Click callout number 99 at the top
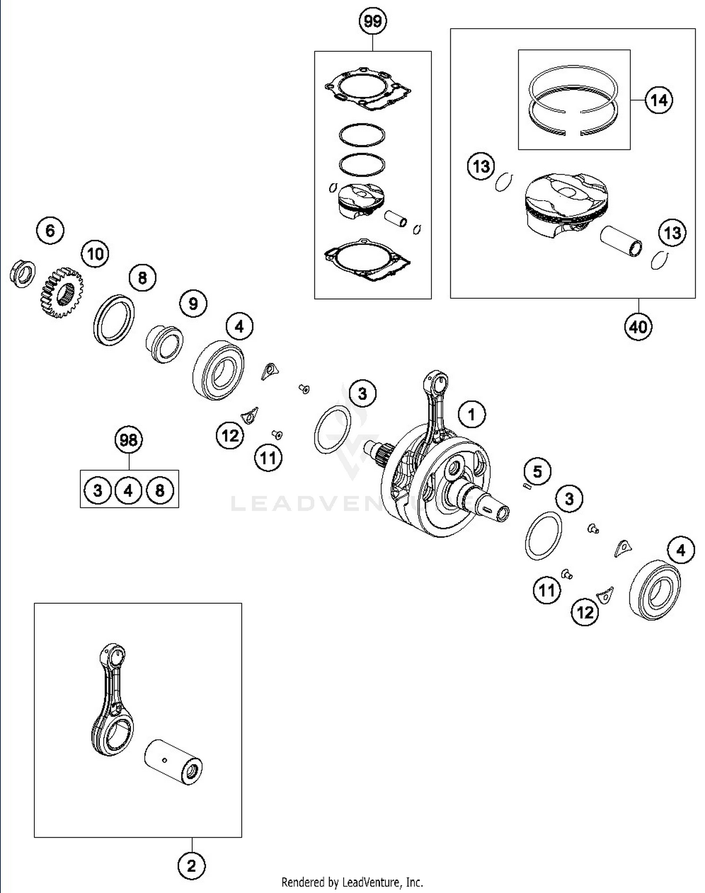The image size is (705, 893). click(372, 22)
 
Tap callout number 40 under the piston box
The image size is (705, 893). click(638, 326)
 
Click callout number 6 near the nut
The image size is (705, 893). click(50, 231)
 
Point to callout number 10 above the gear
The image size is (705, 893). click(95, 254)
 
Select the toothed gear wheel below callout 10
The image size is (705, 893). click(61, 293)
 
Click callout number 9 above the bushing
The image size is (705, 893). click(193, 304)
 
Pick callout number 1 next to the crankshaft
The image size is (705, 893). click(471, 414)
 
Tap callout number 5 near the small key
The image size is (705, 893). click(537, 471)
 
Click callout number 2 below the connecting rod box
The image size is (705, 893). click(191, 865)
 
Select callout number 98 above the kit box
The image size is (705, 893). click(128, 440)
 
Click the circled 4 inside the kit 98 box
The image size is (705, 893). click(128, 490)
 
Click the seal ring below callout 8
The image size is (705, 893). click(114, 320)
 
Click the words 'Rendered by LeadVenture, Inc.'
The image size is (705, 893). click(352, 882)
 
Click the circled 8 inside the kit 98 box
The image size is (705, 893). click(160, 490)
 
